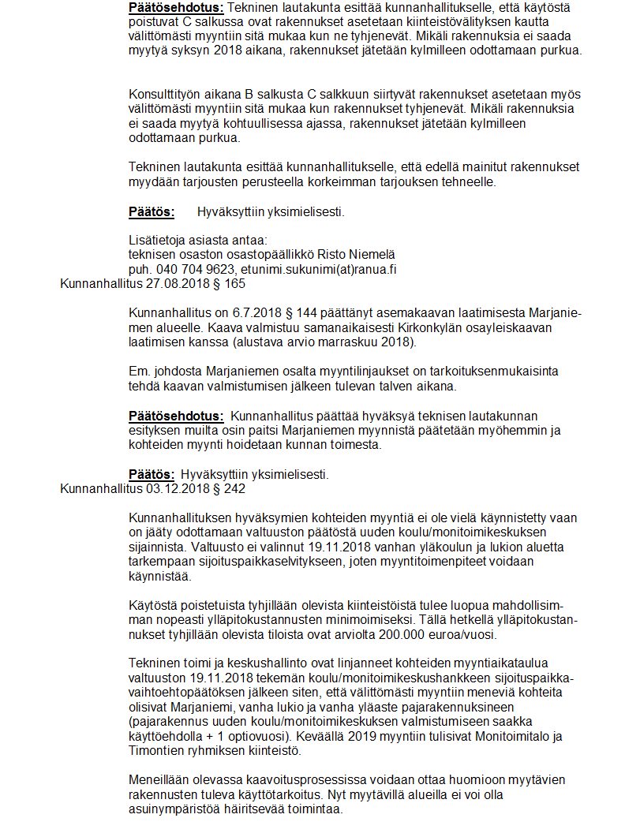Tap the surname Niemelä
coord(372,254)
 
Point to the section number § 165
coord(230,284)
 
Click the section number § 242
coord(229,489)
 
